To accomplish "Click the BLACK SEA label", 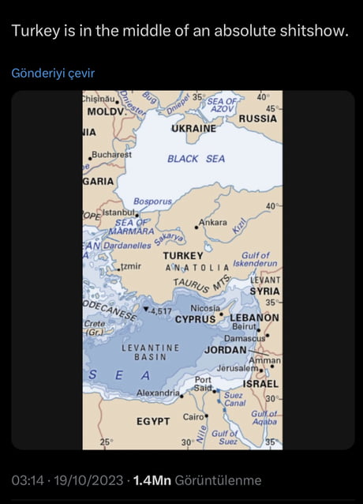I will pos(196,159).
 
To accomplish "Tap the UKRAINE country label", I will pos(193,128).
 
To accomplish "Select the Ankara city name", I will pos(211,223).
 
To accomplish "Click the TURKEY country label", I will pos(183,256).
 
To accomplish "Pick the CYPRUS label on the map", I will pos(195,319).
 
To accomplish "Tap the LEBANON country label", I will pos(254,318).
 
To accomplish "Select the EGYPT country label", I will pos(152,422).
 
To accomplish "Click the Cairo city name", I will pos(193,416).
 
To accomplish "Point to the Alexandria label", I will pos(158,393).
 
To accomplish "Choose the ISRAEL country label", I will pos(260,383).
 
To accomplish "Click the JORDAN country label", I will pos(226,349).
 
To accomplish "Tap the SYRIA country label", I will pos(264,291).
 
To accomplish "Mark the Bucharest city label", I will pos(111,154).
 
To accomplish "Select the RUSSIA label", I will pos(257,118).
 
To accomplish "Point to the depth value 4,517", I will pos(160,310).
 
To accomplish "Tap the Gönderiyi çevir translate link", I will pos(53,73).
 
